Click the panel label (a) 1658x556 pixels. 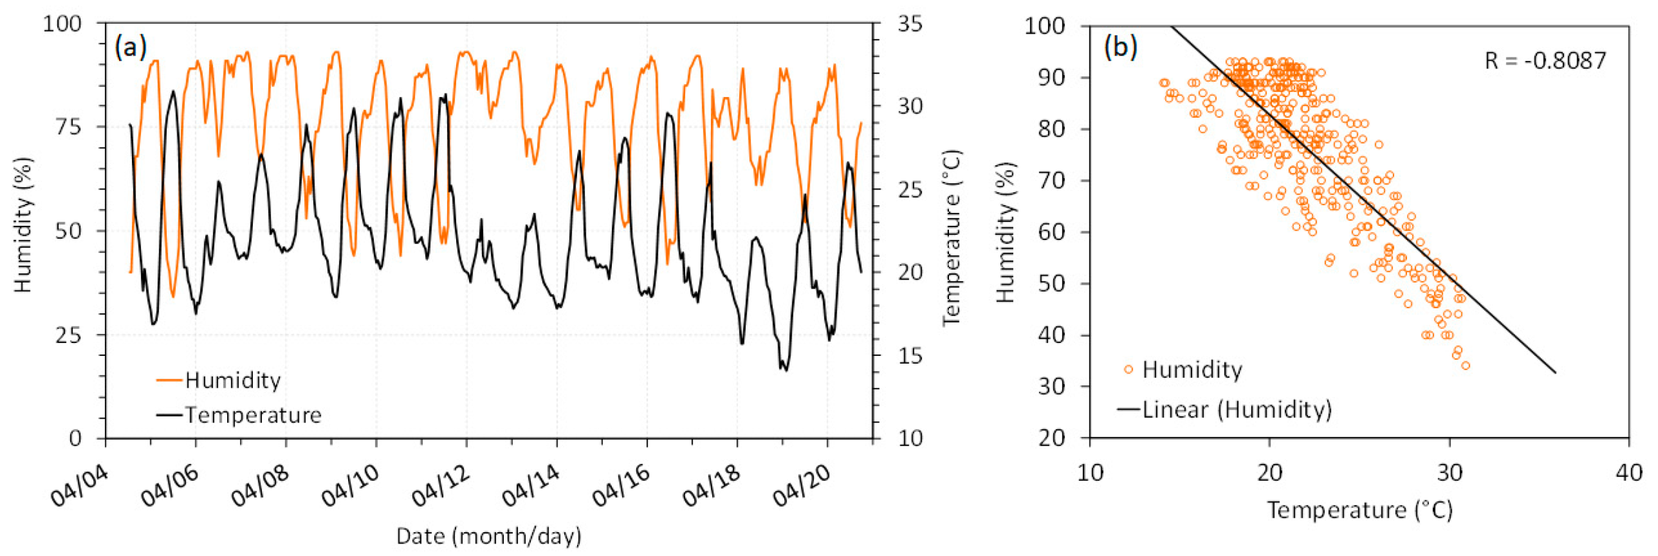(x=131, y=47)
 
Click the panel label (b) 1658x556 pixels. (x=1121, y=47)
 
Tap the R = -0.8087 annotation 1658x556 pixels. (x=1545, y=60)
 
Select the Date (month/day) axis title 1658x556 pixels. (x=489, y=536)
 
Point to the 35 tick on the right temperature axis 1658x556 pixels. (x=910, y=24)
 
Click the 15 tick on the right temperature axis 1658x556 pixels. (x=910, y=356)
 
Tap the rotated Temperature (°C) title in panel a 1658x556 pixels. (x=952, y=238)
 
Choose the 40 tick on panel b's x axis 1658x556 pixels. (x=1629, y=473)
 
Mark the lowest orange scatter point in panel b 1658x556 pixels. (x=1466, y=366)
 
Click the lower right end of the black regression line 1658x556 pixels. (x=1555, y=372)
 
